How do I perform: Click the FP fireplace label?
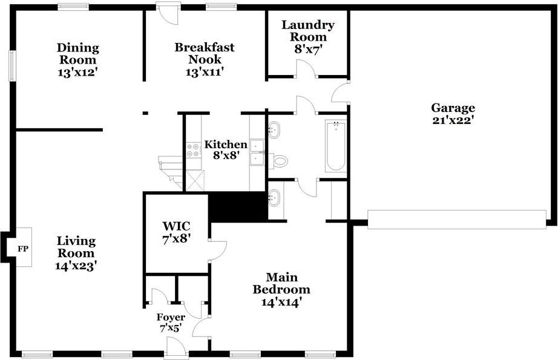point(23,249)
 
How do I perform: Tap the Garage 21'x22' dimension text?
point(453,120)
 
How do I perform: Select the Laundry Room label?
point(308,31)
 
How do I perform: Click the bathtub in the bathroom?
point(335,146)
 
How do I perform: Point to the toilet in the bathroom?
point(278,161)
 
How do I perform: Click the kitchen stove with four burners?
point(193,150)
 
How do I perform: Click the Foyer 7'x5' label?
point(171,322)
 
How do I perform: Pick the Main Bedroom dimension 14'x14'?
point(281,303)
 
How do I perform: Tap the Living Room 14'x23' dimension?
point(76,266)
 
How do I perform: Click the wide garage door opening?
point(457,220)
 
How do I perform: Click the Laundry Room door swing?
point(306,68)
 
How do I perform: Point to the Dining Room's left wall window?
point(12,66)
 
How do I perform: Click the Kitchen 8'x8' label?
point(226,150)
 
